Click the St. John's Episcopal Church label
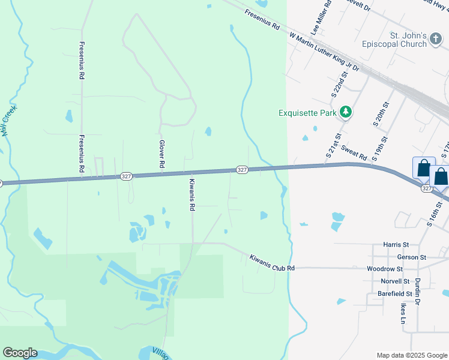[x=394, y=40]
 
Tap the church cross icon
[x=436, y=40]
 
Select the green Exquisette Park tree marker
[x=345, y=112]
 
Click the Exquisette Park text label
[x=308, y=113]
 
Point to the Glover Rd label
[x=161, y=154]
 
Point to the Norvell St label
[x=394, y=281]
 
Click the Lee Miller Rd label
[x=321, y=17]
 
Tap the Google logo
[x=20, y=353]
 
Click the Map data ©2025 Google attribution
[x=412, y=355]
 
